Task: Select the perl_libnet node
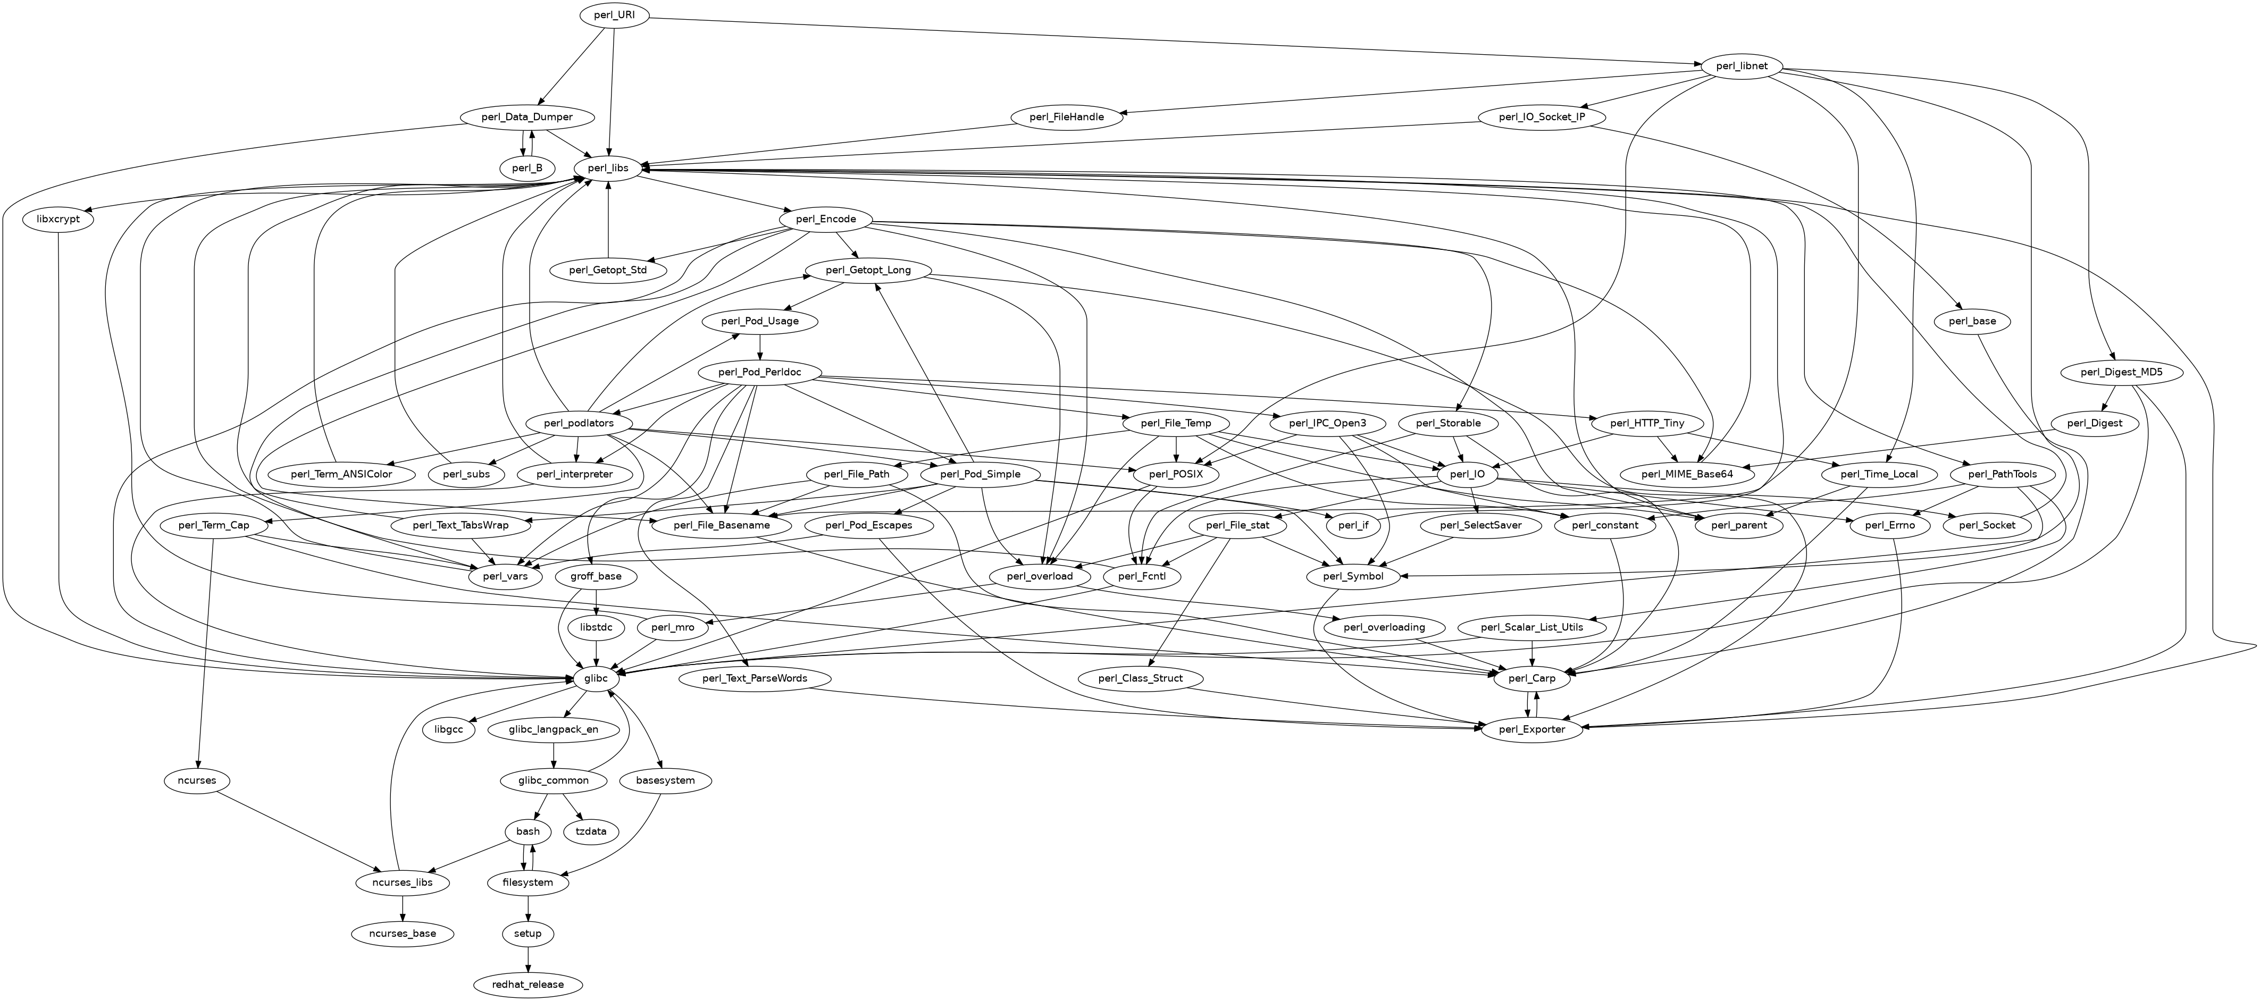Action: coord(1740,66)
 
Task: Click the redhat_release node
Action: coord(528,985)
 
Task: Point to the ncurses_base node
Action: coord(403,933)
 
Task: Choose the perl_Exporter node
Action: coord(1532,729)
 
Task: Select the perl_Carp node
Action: coord(1532,678)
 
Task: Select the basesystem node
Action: coord(666,780)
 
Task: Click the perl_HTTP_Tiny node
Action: coord(1647,423)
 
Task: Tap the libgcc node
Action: coord(448,729)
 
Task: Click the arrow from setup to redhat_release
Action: coord(528,959)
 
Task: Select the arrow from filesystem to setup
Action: coord(528,908)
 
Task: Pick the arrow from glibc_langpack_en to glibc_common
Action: coord(554,754)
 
